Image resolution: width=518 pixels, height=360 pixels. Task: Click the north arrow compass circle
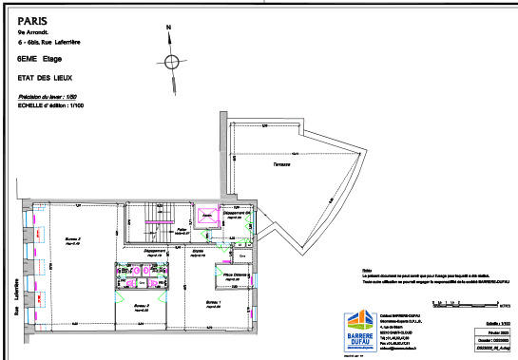(x=171, y=63)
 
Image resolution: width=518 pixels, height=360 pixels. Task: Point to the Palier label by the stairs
(x=181, y=229)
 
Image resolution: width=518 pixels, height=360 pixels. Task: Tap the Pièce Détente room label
(x=237, y=275)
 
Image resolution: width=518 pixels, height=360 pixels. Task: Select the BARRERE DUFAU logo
(x=354, y=330)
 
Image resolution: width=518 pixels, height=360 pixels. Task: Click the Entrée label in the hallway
(x=198, y=252)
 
